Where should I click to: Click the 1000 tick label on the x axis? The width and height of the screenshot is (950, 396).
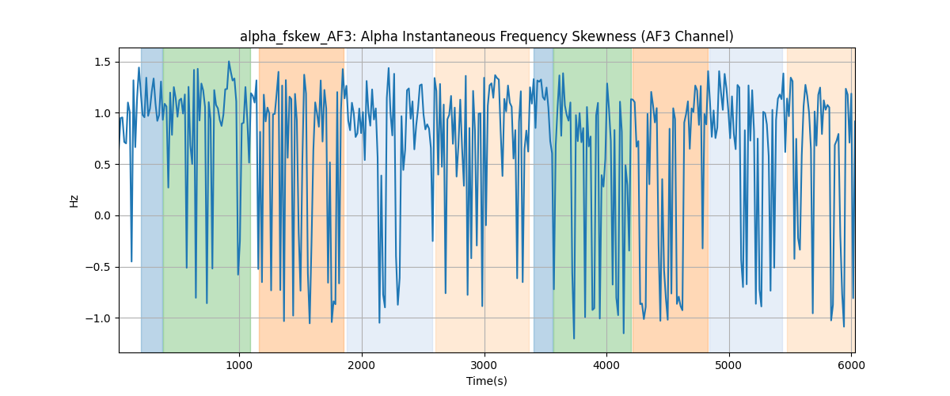click(x=239, y=365)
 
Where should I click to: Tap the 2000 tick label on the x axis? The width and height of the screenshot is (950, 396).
click(x=362, y=365)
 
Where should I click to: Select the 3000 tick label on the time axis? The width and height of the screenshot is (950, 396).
click(x=484, y=365)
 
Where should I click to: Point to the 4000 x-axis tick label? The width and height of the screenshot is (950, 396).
click(x=606, y=365)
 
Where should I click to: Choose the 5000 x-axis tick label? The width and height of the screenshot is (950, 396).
click(x=729, y=365)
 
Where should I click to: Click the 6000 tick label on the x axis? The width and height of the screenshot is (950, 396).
click(x=851, y=365)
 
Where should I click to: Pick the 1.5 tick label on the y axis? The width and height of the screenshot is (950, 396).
click(x=102, y=62)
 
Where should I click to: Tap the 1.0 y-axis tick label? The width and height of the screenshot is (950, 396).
click(x=102, y=113)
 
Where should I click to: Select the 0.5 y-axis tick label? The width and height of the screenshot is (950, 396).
click(x=102, y=165)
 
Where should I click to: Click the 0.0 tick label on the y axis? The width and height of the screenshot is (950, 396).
click(x=102, y=216)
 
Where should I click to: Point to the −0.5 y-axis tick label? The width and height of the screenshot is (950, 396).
click(x=98, y=268)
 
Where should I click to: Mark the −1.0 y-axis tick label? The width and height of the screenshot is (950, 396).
click(x=98, y=318)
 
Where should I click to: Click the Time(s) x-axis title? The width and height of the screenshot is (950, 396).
click(x=487, y=381)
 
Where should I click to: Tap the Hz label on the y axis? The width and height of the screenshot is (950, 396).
click(x=74, y=201)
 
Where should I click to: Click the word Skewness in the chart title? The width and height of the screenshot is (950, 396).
click(x=604, y=36)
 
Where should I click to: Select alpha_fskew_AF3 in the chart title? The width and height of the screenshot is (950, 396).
click(x=296, y=37)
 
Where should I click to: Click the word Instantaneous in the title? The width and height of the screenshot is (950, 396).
click(x=456, y=36)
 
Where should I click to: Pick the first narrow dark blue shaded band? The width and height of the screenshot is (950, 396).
click(x=152, y=200)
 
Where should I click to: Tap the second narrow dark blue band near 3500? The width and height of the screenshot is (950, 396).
click(x=543, y=200)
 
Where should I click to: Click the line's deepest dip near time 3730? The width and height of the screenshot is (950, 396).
click(x=574, y=338)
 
